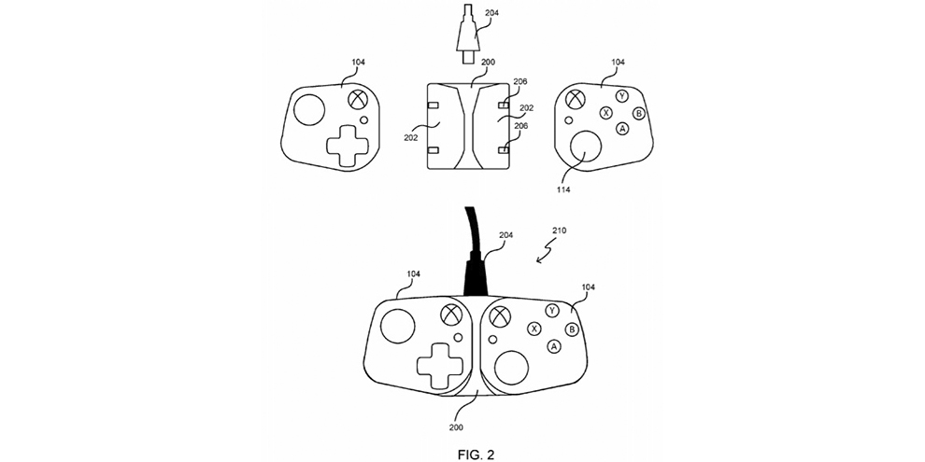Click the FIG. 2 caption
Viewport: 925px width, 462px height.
(477, 454)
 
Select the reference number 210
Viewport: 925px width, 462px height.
(559, 231)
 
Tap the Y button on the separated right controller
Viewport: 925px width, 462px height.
(621, 96)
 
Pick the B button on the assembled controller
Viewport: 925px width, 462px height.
(571, 329)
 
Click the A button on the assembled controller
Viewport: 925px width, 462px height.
(553, 346)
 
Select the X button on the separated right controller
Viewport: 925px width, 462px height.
(605, 113)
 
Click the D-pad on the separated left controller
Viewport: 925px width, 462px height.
(348, 146)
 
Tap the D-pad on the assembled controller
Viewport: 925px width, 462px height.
(440, 365)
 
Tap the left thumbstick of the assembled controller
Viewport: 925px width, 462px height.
(397, 327)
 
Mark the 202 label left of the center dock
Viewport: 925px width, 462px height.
(411, 138)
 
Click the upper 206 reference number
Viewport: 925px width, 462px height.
(520, 82)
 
